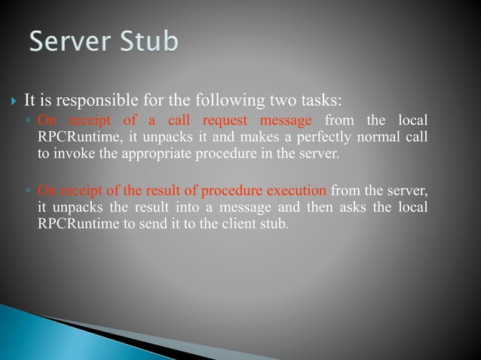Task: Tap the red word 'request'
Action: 225,122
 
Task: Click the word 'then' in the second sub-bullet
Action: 306,206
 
